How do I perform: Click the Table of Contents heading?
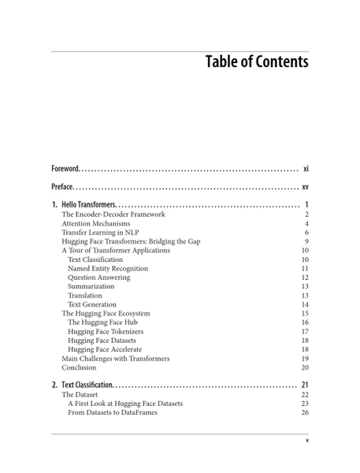tap(256, 61)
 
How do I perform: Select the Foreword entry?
tap(65, 169)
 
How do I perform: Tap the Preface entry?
tap(62, 188)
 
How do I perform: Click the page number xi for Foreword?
tap(306, 169)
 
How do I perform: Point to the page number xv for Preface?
tap(305, 188)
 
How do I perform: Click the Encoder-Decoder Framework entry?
tap(113, 214)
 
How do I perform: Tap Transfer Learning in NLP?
tap(100, 233)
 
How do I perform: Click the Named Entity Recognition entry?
tap(107, 269)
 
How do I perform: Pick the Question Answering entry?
tap(98, 277)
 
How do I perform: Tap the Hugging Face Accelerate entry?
tap(105, 349)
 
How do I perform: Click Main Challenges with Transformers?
tap(115, 359)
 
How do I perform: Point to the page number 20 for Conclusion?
tap(304, 367)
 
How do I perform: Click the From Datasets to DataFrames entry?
tap(112, 412)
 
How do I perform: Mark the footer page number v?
tap(306, 441)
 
